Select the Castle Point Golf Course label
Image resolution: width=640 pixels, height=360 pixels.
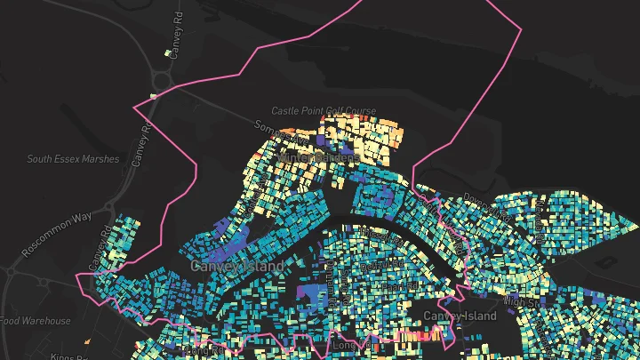[324, 111]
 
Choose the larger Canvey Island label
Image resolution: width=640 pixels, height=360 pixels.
[237, 266]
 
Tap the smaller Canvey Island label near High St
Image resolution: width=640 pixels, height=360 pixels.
[460, 316]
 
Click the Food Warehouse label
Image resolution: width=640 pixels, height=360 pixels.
[36, 321]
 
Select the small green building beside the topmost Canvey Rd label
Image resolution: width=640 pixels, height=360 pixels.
[167, 53]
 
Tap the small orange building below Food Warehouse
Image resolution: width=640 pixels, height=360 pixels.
[88, 340]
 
